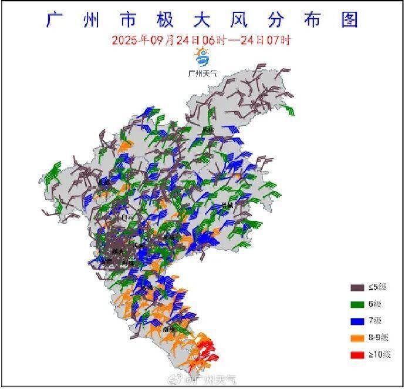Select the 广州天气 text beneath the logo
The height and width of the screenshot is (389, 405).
point(202,73)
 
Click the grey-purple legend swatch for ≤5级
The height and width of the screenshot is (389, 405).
point(357,287)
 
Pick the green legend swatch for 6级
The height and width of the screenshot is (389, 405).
point(357,304)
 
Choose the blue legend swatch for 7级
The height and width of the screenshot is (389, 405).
point(357,321)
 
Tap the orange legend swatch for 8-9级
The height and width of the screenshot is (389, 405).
point(357,338)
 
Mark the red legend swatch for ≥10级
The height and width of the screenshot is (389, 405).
point(357,355)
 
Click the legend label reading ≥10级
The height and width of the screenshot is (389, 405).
point(378,355)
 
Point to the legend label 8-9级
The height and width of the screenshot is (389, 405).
point(378,338)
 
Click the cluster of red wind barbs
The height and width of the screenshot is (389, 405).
point(204,350)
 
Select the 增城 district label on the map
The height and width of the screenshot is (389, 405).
point(228,205)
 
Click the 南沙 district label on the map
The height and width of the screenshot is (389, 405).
point(171,330)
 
